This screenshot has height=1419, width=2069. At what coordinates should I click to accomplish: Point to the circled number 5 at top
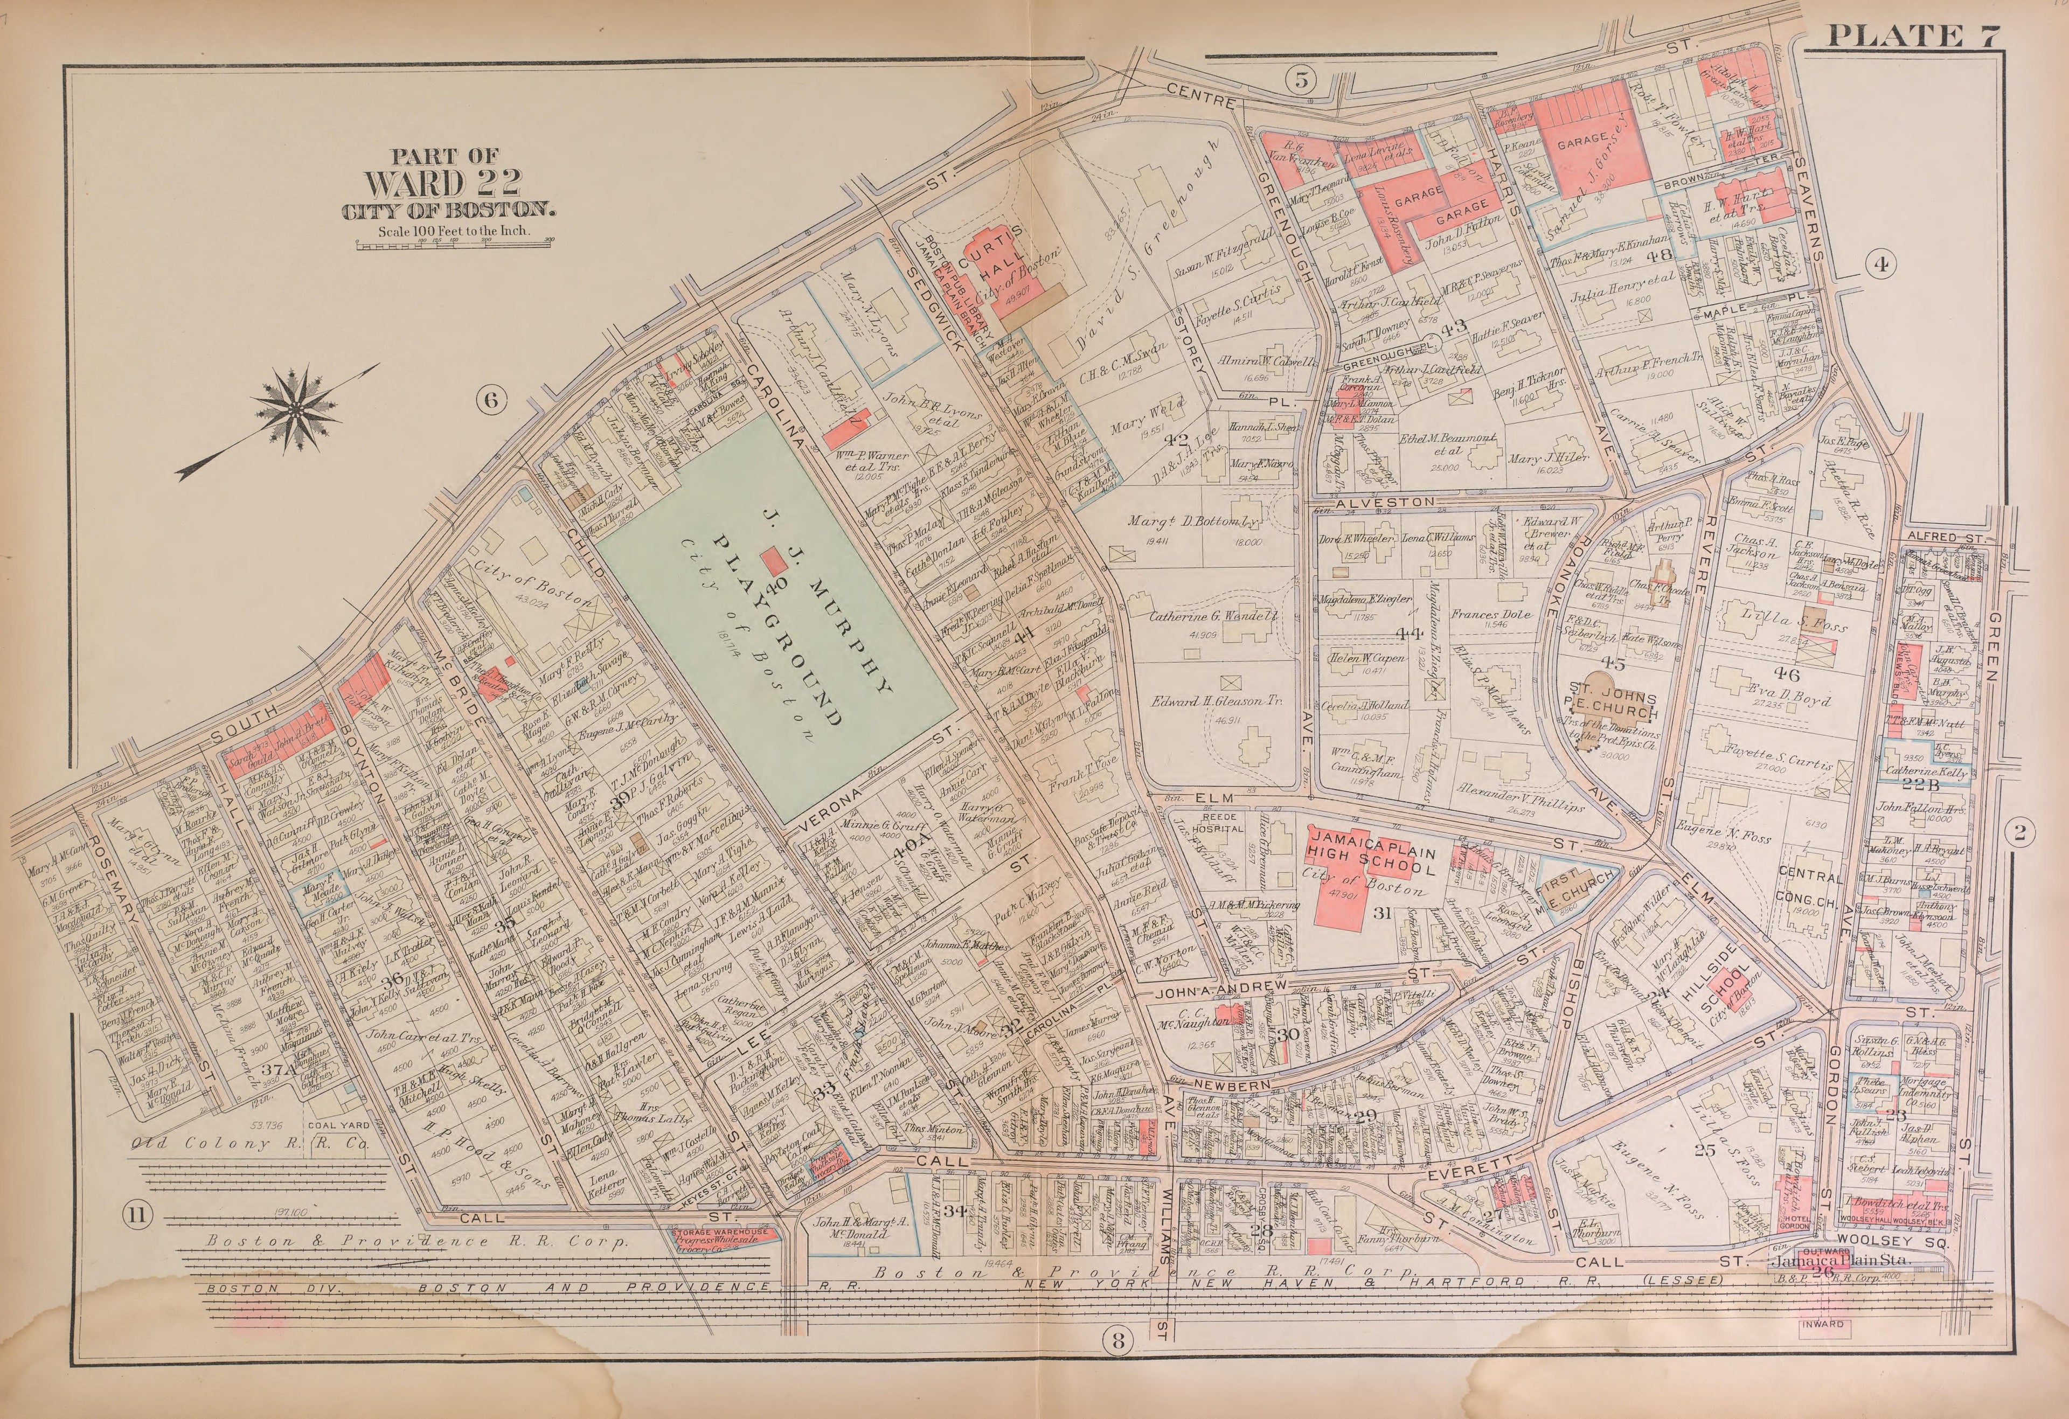click(x=1300, y=80)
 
